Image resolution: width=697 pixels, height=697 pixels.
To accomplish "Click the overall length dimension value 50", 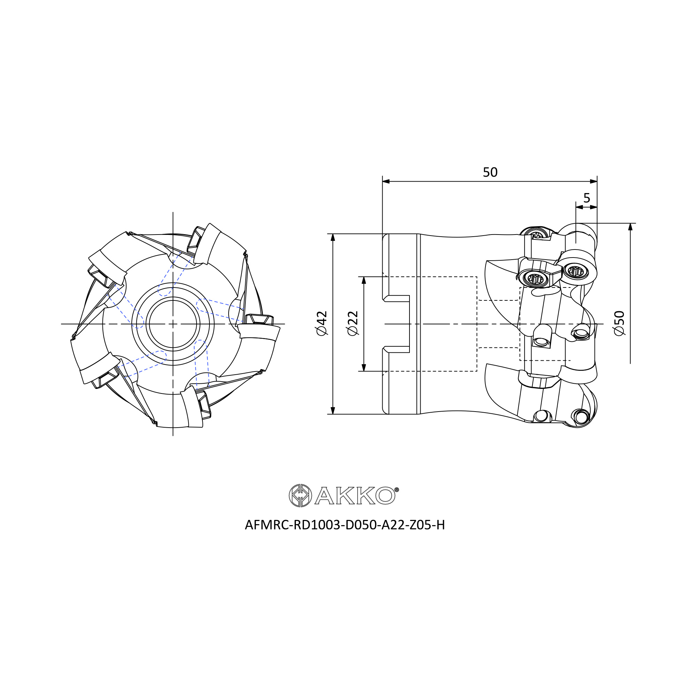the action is pyautogui.click(x=490, y=173).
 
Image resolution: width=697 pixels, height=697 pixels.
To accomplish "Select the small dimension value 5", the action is pyautogui.click(x=587, y=198).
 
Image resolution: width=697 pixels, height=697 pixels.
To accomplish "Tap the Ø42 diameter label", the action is pyautogui.click(x=321, y=323).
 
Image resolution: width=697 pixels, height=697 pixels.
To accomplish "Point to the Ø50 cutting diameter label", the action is pyautogui.click(x=619, y=323).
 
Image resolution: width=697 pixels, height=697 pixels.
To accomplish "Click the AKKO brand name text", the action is pyautogui.click(x=355, y=495).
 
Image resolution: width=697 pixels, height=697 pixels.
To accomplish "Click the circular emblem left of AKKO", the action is pyautogui.click(x=300, y=495).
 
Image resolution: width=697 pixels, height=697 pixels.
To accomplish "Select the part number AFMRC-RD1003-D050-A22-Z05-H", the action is pyautogui.click(x=345, y=525).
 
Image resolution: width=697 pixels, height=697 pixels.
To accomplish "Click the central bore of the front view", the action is pyautogui.click(x=173, y=324).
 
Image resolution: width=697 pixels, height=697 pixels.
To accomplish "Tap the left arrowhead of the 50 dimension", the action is pyautogui.click(x=386, y=181).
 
